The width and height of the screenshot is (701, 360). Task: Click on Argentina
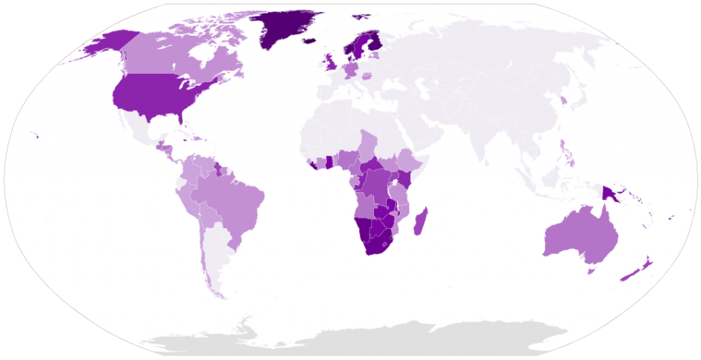pyautogui.click(x=215, y=253)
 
